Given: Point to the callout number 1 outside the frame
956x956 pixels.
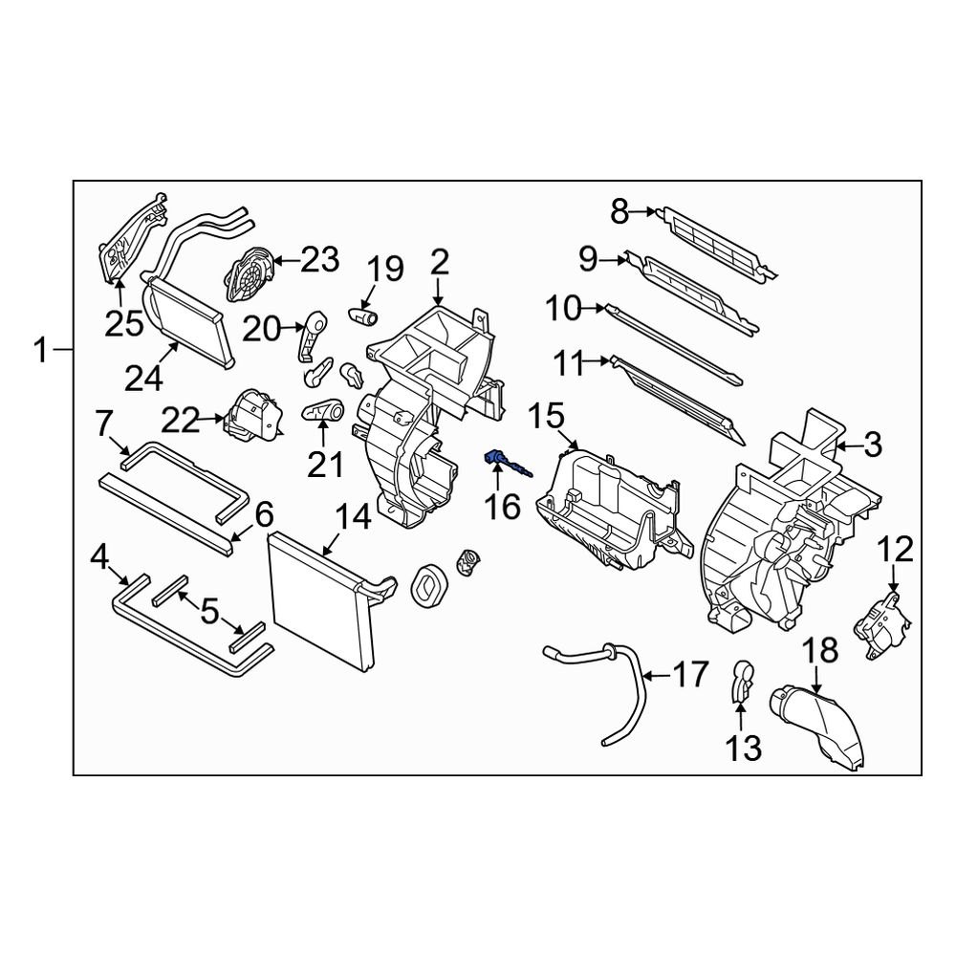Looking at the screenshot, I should (x=40, y=351).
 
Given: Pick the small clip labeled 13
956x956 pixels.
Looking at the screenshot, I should (x=741, y=680).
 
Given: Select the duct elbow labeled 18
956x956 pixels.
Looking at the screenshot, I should (x=822, y=730).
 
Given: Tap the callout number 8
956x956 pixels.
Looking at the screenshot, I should (x=619, y=211).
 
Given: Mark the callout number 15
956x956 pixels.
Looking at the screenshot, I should (x=549, y=415).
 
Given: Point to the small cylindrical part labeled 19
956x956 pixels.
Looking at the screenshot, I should (x=364, y=313).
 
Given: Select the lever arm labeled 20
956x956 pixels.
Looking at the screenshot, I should (x=311, y=336).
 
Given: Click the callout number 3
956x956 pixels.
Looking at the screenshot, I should (x=874, y=444).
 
